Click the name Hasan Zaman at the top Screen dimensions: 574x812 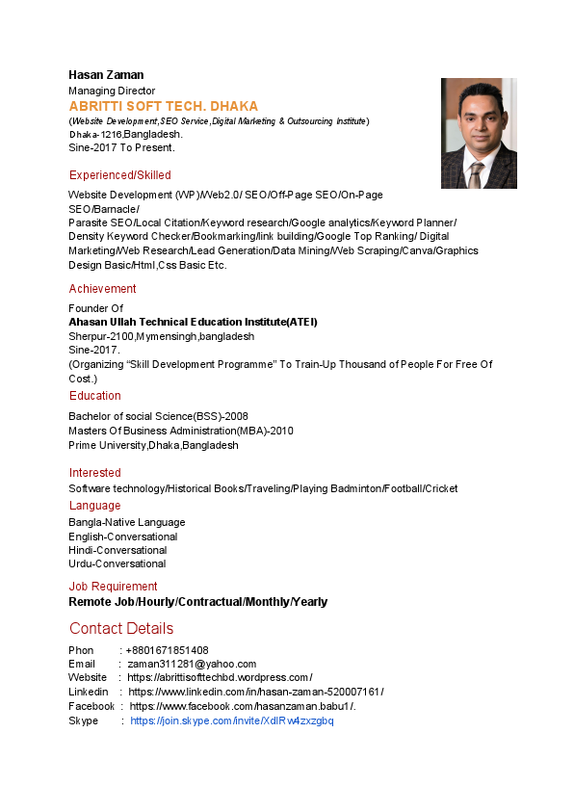click(106, 75)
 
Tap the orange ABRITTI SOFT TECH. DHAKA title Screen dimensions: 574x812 click(163, 106)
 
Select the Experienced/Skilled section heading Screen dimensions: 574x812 click(119, 175)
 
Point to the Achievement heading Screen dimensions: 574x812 click(102, 289)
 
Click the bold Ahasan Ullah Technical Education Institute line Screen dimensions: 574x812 click(193, 322)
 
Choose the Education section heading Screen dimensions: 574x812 click(94, 396)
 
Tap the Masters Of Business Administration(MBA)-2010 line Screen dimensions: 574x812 click(180, 431)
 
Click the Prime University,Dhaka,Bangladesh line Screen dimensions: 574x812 click(153, 445)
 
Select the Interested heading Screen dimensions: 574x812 click(94, 473)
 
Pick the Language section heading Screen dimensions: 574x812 click(94, 506)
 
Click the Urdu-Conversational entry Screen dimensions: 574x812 click(117, 563)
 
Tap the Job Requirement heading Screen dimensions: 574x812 click(113, 587)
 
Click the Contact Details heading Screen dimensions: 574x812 click(120, 629)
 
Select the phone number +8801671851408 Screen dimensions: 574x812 click(167, 650)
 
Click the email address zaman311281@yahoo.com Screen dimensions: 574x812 click(192, 664)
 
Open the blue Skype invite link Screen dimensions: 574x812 click(231, 721)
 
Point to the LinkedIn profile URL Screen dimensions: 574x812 click(255, 693)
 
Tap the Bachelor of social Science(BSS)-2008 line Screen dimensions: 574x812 click(158, 416)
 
